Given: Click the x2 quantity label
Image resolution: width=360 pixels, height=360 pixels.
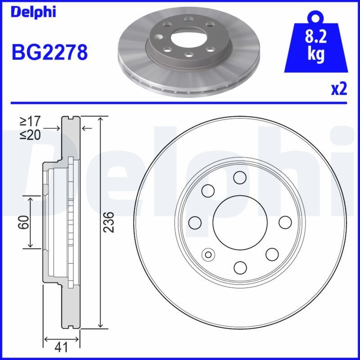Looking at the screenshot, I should click(339, 89).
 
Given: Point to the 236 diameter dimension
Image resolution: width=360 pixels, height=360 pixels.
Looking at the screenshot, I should click(109, 222).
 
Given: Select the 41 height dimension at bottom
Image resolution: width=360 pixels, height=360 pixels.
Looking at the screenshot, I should click(62, 347).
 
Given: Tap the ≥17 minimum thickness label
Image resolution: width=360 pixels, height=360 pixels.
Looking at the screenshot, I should click(31, 121).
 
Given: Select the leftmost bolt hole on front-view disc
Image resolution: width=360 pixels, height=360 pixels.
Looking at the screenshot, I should click(195, 222).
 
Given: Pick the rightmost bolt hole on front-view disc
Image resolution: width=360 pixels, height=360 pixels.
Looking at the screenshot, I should click(285, 222).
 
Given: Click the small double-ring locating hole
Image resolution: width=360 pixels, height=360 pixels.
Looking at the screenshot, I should click(208, 254).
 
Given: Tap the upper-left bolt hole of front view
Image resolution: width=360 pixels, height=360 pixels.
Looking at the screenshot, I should click(208, 191).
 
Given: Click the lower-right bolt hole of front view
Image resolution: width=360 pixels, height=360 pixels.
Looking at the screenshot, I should click(272, 254).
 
